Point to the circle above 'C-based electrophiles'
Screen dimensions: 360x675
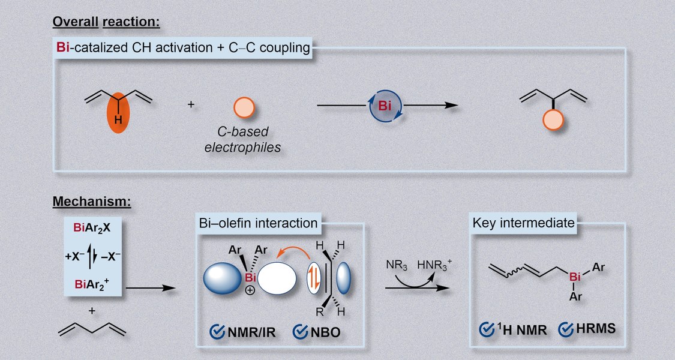click(243, 107)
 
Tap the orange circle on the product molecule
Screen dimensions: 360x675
click(552, 121)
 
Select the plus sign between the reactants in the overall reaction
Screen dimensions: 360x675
click(191, 104)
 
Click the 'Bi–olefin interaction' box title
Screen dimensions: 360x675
click(258, 223)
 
